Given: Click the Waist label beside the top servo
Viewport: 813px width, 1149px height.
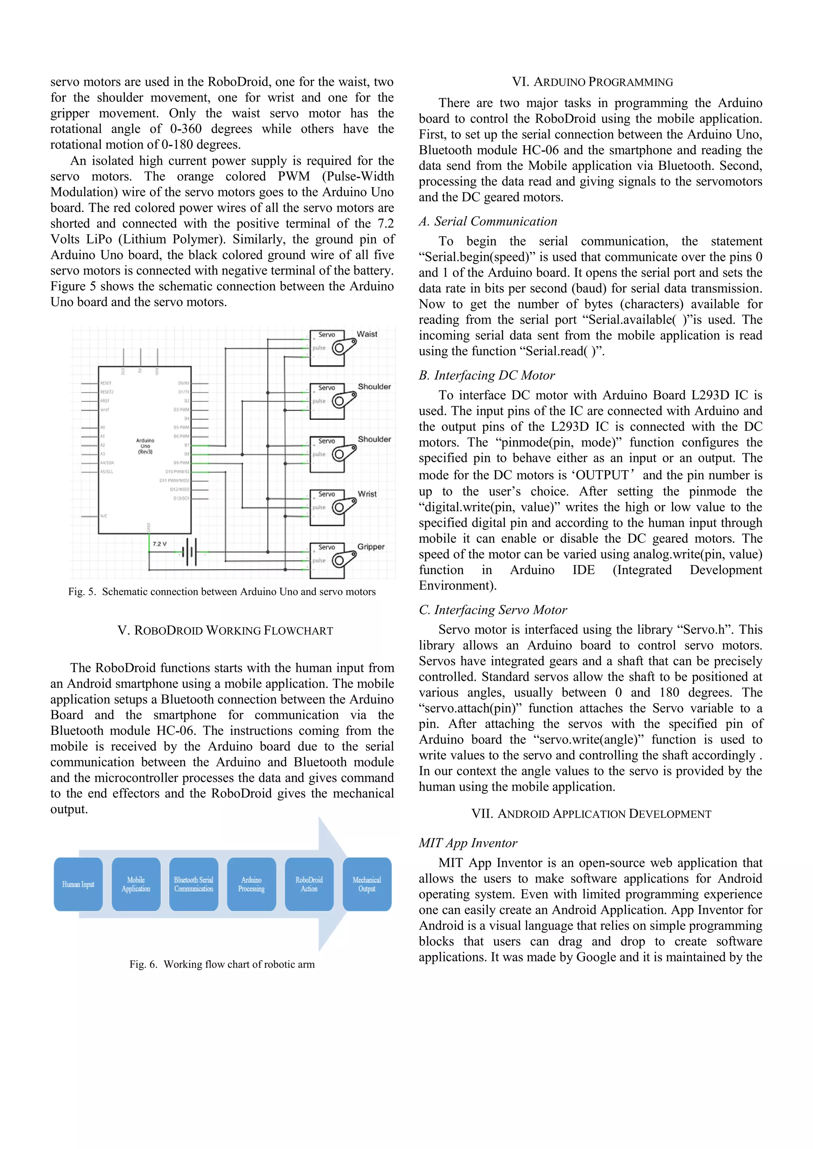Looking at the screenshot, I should (x=367, y=334).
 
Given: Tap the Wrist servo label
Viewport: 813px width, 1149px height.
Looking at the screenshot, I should (x=367, y=494).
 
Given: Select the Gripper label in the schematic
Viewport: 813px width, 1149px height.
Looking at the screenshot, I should (x=371, y=547).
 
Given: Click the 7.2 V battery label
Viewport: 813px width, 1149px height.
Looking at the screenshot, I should (x=160, y=544).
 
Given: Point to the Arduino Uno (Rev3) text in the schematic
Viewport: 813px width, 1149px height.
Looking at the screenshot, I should (x=145, y=446).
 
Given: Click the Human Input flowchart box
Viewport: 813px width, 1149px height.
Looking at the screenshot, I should (x=78, y=884).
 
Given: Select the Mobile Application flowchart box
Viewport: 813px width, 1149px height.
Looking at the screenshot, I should (x=136, y=884).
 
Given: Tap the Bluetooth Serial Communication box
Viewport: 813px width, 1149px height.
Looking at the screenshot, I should (x=194, y=884).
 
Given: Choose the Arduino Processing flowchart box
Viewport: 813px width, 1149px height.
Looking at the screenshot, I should (x=251, y=884).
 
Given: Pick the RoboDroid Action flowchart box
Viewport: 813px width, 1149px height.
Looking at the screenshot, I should (x=309, y=884).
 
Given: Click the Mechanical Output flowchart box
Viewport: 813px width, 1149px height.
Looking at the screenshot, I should (x=367, y=884).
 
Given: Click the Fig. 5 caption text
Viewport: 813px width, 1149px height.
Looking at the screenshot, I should (x=222, y=592).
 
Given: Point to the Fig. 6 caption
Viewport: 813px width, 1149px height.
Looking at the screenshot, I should (x=222, y=965).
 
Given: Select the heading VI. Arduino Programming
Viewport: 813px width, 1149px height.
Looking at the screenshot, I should (x=592, y=82).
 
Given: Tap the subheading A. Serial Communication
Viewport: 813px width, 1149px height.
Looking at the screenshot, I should (x=488, y=222).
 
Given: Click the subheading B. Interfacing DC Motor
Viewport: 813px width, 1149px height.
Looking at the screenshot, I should (x=487, y=375).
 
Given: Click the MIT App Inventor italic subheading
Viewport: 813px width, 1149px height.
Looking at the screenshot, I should (x=468, y=843).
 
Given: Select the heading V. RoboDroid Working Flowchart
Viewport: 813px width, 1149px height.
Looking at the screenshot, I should (x=225, y=630).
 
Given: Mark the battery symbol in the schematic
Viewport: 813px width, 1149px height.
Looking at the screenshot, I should (x=190, y=553).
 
